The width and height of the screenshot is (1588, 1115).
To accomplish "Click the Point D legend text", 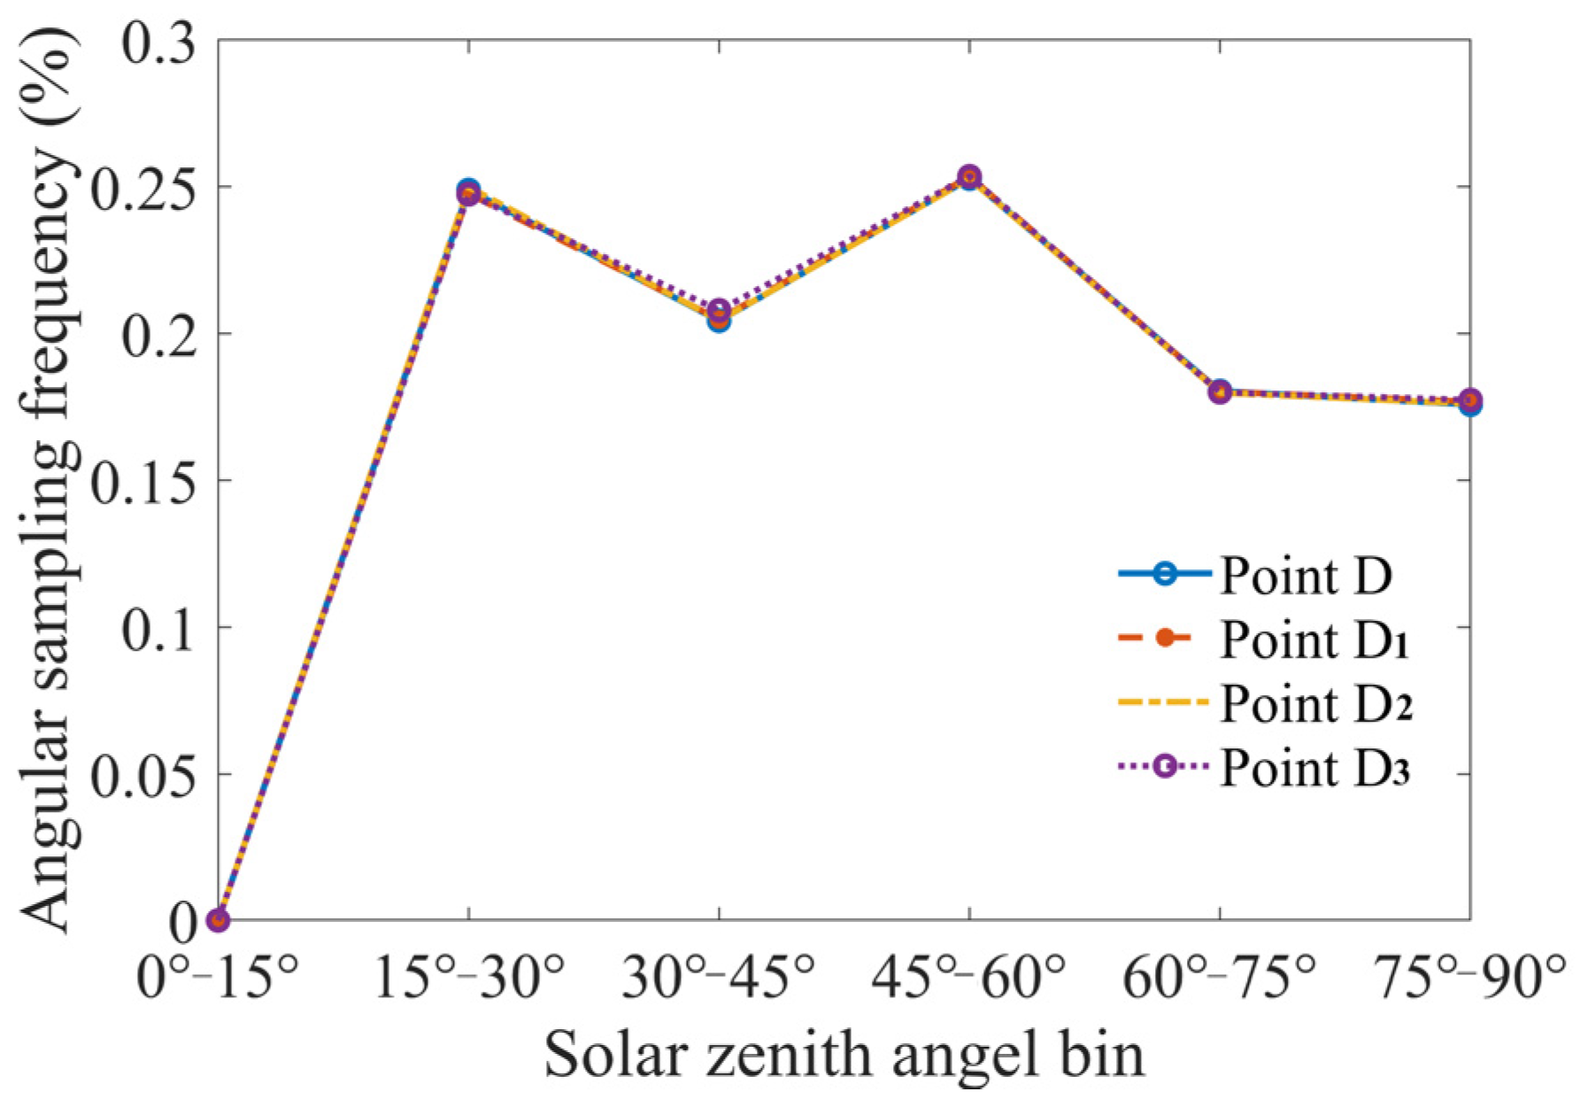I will point(1307,577).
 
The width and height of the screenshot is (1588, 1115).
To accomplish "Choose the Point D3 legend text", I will point(1314,769).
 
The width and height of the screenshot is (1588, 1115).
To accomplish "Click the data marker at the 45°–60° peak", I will point(969,177).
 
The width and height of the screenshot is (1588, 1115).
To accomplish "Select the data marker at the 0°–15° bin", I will point(219,920).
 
